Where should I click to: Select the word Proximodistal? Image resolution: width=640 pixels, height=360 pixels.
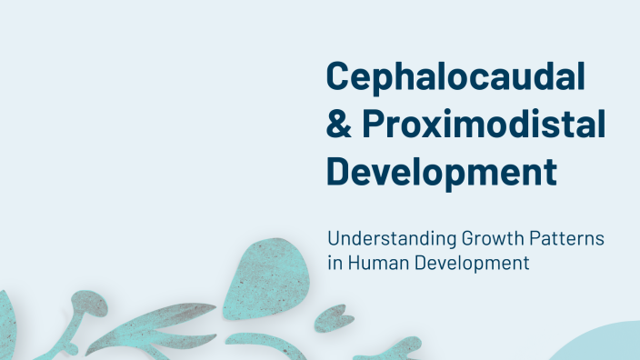pos(483,126)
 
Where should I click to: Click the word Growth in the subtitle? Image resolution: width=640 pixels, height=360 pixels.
pos(486,241)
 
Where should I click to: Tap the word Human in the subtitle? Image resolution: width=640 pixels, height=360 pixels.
pos(373,265)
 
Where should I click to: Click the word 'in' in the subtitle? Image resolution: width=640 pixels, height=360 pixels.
pos(334,265)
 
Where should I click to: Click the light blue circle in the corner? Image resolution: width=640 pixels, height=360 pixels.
pos(605,345)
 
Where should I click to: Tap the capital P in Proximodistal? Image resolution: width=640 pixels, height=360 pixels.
pos(373,126)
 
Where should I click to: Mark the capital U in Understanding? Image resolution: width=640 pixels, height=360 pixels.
pos(334,241)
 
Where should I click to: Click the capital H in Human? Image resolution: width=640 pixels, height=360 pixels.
pos(351,265)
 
